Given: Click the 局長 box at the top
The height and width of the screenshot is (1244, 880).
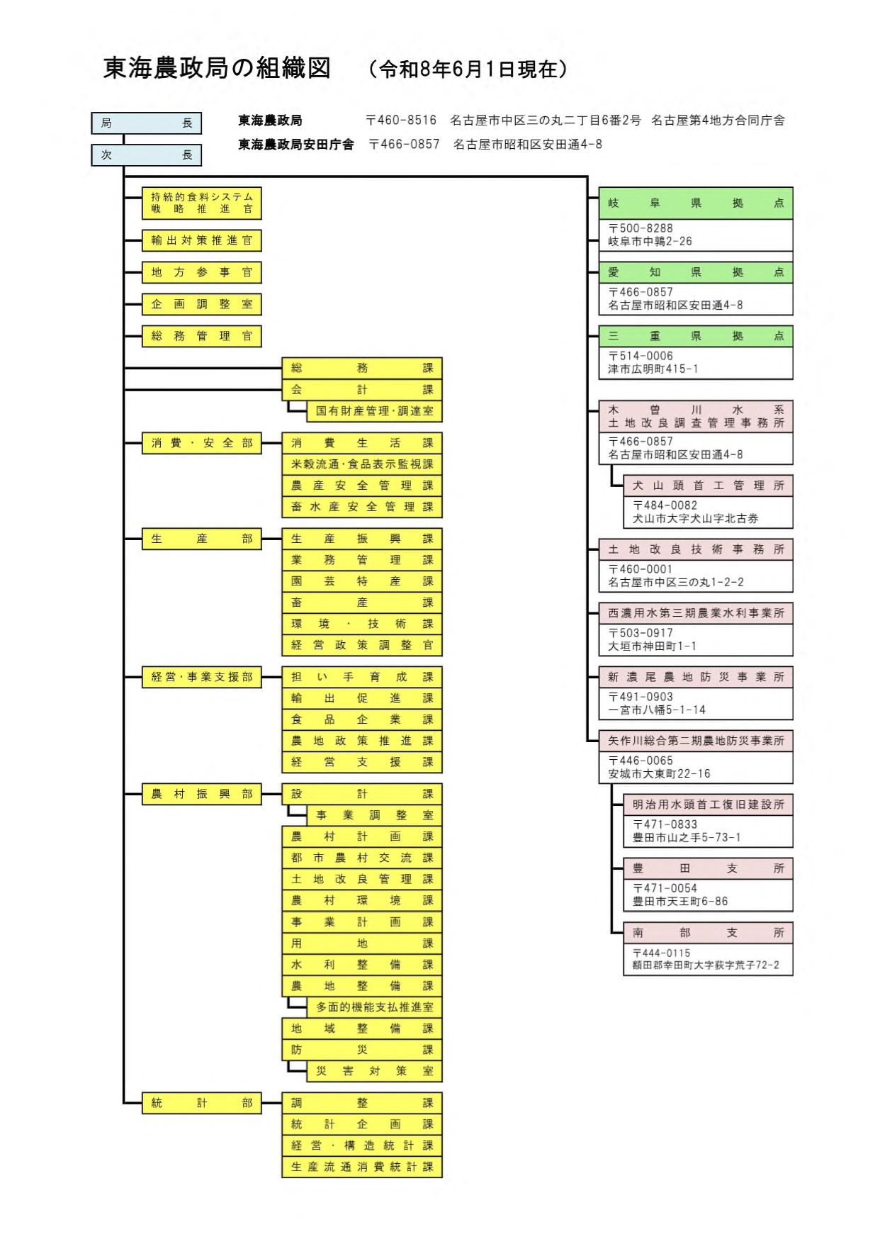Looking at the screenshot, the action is (147, 123).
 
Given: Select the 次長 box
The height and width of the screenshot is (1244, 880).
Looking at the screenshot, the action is (147, 155).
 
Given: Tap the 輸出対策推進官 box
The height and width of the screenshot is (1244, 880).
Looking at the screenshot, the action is (202, 240).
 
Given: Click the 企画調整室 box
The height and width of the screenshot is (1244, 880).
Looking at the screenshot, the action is (202, 304).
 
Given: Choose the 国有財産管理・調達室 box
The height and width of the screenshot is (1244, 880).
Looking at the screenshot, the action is (375, 411).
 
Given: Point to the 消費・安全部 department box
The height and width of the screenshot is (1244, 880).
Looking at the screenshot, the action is (202, 443).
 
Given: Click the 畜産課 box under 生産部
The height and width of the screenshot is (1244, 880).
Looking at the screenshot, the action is (362, 603).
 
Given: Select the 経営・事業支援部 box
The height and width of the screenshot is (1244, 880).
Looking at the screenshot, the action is (202, 677).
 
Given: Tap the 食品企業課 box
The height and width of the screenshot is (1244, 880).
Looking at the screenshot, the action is (362, 719).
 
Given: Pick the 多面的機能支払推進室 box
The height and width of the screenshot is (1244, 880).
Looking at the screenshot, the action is (375, 1007).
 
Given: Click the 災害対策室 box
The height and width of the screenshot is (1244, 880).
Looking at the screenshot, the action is (375, 1071).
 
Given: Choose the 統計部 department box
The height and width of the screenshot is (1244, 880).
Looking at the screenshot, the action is (202, 1103).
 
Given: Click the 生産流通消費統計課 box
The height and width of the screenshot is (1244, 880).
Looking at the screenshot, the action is (362, 1167).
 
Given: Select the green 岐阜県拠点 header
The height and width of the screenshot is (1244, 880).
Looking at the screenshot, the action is (696, 203).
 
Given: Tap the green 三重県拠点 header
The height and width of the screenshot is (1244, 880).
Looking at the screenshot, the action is (696, 337).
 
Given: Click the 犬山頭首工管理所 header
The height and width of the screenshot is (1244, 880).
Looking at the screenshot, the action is (709, 486).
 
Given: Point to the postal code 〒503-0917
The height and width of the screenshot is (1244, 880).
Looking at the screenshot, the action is (641, 633).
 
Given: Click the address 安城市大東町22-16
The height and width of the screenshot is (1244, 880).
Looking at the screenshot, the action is (659, 773).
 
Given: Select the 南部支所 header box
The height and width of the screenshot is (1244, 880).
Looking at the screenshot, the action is (709, 933).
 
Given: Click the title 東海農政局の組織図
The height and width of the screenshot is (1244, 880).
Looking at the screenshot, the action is (218, 68).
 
